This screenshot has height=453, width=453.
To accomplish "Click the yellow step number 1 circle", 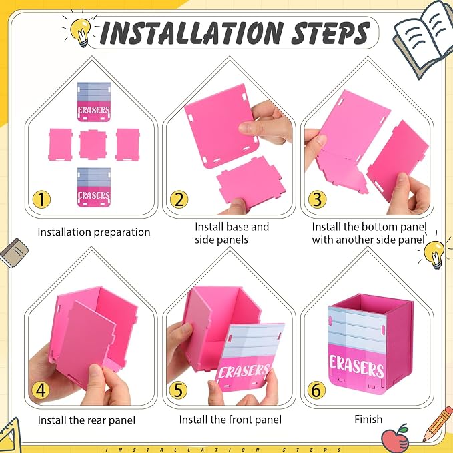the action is pyautogui.click(x=41, y=199).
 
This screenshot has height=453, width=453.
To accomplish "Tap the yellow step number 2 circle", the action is pyautogui.click(x=179, y=199).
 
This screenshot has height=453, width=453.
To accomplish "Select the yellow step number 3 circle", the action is pyautogui.click(x=317, y=199).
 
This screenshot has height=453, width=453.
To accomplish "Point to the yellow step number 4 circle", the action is pyautogui.click(x=41, y=390).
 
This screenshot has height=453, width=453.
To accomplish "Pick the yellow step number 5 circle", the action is pyautogui.click(x=178, y=390).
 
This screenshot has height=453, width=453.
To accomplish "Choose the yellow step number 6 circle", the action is pyautogui.click(x=316, y=390).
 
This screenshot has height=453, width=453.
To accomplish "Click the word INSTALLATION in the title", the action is pyautogui.click(x=192, y=33).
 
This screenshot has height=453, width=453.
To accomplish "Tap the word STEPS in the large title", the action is pyautogui.click(x=331, y=33).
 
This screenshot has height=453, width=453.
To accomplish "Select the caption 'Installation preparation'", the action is pyautogui.click(x=94, y=232).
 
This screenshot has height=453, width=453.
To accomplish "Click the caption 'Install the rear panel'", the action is pyautogui.click(x=86, y=420).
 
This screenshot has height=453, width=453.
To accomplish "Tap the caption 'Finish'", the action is pyautogui.click(x=368, y=419).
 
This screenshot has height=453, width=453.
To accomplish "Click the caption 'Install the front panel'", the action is pyautogui.click(x=230, y=420).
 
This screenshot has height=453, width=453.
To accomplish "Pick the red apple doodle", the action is pyautogui.click(x=395, y=438).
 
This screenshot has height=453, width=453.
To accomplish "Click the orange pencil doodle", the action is pyautogui.click(x=438, y=424).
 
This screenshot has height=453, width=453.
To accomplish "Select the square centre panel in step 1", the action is pyautogui.click(x=93, y=145).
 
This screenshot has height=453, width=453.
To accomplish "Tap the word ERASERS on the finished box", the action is pyautogui.click(x=357, y=366).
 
